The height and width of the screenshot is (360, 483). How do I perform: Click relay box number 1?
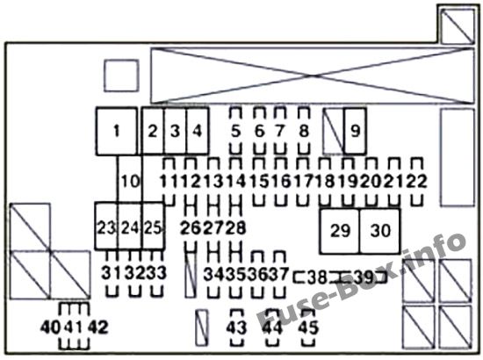coord(117,131)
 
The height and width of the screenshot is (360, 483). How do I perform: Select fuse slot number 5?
coord(235,131)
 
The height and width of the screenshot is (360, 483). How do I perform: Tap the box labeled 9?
coord(355,131)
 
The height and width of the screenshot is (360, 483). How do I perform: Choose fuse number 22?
coord(417,181)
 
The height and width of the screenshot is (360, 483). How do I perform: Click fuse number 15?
coord(259,181)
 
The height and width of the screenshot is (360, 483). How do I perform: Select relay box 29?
coord(340,231)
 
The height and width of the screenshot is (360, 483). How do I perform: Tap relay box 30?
coord(380,231)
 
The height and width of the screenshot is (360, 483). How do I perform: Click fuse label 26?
coord(191,228)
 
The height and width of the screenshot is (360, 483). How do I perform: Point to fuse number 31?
coord(112,273)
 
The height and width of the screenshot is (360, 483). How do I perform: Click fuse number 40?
coord(50,327)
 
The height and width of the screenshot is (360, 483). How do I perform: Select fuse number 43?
coord(236,328)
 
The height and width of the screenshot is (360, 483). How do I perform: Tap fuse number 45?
coord(308,328)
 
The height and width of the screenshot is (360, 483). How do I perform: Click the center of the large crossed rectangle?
coord(313,76)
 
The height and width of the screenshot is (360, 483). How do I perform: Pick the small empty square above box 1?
coord(121,76)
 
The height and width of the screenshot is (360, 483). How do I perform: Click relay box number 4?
coord(198,131)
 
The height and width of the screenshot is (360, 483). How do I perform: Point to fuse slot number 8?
coord(304,131)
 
